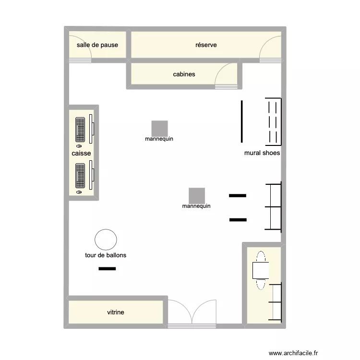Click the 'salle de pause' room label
(x=97, y=45)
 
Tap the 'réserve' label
(x=206, y=45)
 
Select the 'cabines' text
(x=184, y=74)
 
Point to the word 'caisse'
(x=81, y=153)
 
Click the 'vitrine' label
(x=115, y=312)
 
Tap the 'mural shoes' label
(x=262, y=153)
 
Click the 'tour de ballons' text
(x=106, y=255)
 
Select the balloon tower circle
(x=106, y=240)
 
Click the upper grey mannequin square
(x=159, y=128)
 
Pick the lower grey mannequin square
(x=197, y=195)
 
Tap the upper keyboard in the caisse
(x=80, y=129)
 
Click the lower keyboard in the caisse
(x=80, y=176)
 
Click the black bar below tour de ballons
(x=107, y=269)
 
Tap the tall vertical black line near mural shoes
(x=242, y=121)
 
